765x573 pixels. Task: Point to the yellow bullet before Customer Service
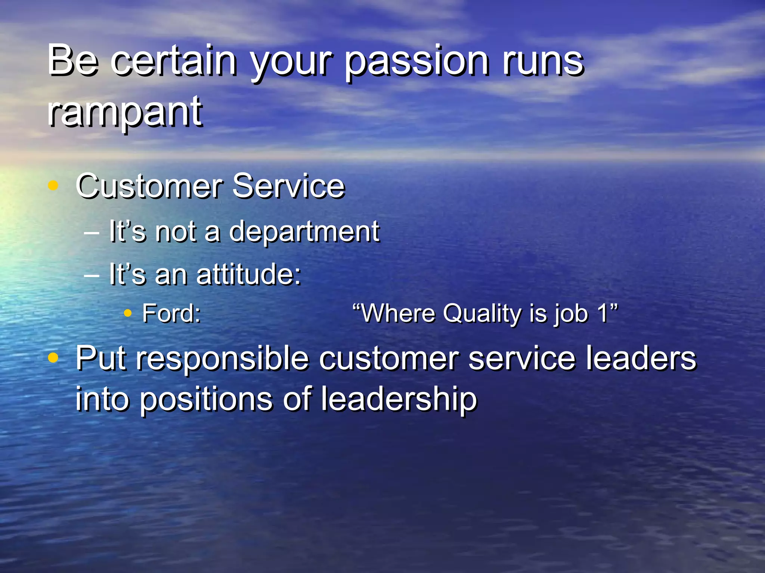53,185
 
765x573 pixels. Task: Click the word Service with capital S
288,186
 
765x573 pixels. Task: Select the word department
304,232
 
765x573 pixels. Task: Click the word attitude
248,275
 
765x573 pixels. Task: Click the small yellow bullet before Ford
128,313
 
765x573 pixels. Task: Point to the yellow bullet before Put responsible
53,358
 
